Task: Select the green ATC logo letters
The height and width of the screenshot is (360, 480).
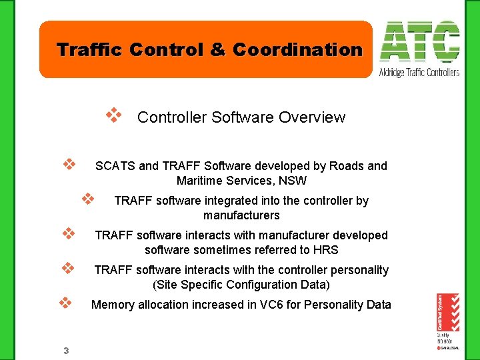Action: pyautogui.click(x=419, y=43)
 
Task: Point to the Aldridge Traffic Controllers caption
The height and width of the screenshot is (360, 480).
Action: pyautogui.click(x=419, y=72)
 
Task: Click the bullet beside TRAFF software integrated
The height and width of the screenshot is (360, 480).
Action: pyautogui.click(x=87, y=198)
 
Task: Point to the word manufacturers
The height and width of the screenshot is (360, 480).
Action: pyautogui.click(x=241, y=215)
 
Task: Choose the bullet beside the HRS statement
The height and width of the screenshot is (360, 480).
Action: pyautogui.click(x=67, y=233)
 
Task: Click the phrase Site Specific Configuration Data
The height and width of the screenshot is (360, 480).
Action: pyautogui.click(x=241, y=285)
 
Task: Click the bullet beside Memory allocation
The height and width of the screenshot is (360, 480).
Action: pyautogui.click(x=65, y=302)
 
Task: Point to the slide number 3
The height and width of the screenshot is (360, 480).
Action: pyautogui.click(x=66, y=350)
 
